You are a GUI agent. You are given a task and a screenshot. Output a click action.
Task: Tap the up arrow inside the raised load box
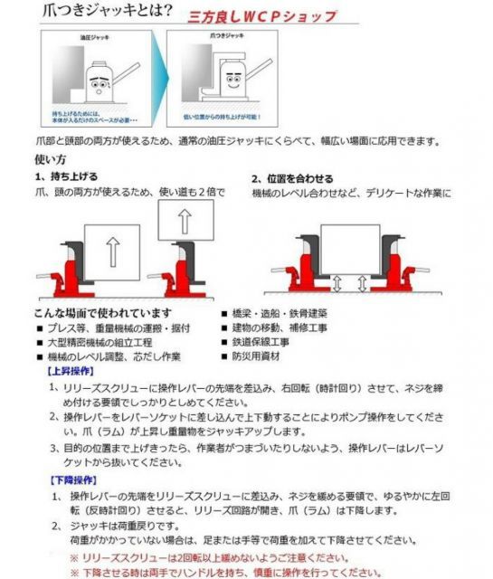click(x=185, y=221)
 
